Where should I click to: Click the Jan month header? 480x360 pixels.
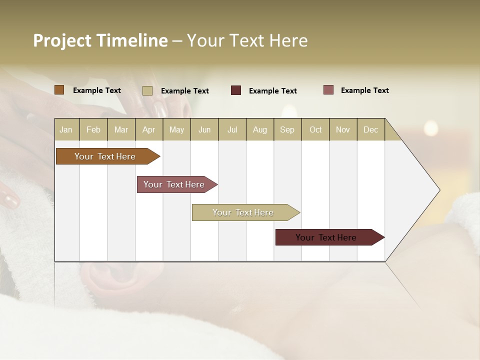pos(66,129)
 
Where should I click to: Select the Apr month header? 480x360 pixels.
pos(149,129)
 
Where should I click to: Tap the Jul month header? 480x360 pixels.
pos(232,129)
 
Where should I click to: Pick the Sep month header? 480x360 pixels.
pos(287,129)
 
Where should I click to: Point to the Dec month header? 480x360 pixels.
pos(370,129)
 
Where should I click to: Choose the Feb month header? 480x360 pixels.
pos(93,129)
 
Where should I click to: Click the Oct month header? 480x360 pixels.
pos(315,129)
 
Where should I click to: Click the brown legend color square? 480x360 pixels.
pos(59,90)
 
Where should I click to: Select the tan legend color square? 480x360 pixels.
pos(147,90)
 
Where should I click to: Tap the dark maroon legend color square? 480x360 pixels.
pos(236,90)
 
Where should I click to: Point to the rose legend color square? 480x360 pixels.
pos(328,90)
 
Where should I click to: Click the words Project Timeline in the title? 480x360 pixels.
pos(100,40)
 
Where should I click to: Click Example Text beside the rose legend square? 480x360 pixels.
pos(364,90)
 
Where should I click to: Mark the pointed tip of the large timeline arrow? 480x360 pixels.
pos(438,190)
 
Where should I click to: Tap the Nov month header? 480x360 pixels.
pos(343,129)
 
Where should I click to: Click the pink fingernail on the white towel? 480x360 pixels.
pos(10,200)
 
